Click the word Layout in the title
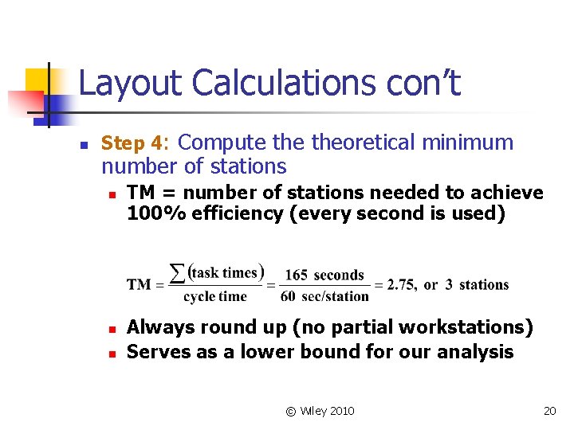pos(131,84)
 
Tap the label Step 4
pos(133,143)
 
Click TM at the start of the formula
pos(139,285)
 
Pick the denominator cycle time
pos(215,297)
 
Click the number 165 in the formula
pos(296,276)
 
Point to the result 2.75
pos(401,285)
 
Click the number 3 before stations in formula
pos(449,285)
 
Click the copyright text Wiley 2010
pos(327,411)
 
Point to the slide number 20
pos(549,411)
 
